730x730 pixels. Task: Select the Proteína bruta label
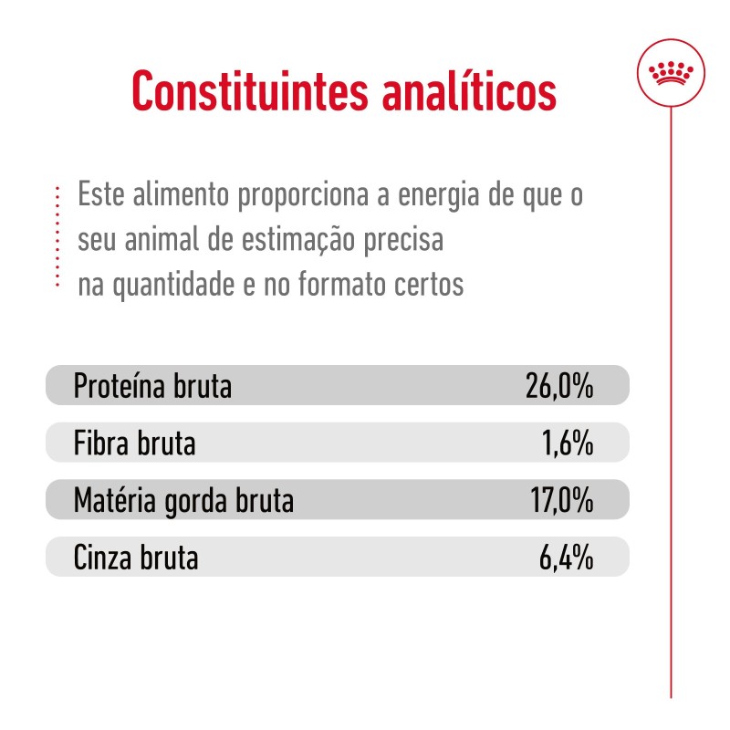[152, 387]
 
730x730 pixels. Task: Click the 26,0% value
[559, 387]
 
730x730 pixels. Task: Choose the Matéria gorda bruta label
[183, 501]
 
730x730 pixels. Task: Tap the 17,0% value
[560, 501]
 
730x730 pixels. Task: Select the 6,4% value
[566, 558]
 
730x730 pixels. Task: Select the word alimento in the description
[176, 197]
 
